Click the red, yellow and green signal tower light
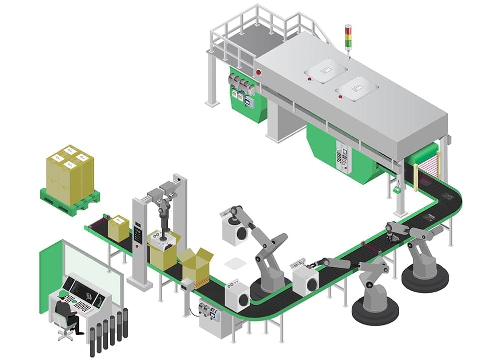(348, 35)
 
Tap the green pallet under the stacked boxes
(70, 202)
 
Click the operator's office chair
(64, 327)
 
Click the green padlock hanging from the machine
(398, 190)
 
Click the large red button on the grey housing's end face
(258, 72)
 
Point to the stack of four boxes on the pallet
(70, 172)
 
